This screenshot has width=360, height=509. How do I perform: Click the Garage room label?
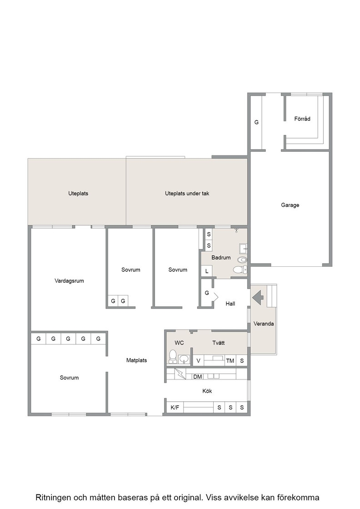pos(290,205)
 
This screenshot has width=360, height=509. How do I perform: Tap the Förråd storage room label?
pos(302,119)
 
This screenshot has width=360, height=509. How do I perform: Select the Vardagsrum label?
pos(69,281)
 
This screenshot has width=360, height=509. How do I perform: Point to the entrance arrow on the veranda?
pos(258,298)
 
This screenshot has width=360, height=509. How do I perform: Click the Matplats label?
pos(137,360)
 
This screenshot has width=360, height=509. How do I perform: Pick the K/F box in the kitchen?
pos(175,407)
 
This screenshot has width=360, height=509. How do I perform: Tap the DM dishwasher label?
pos(197,377)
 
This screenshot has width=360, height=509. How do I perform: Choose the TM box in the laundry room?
pos(230,361)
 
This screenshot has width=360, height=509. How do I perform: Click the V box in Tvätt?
pos(198,361)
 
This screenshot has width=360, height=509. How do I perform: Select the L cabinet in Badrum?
pos(207,271)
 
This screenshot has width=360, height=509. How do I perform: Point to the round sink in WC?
pos(184,359)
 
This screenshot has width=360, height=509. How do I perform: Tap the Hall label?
pos(230,304)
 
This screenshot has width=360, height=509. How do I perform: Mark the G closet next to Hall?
pos(207,293)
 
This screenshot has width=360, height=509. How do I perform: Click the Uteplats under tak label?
pos(187,194)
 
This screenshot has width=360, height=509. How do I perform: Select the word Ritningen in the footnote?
pos(53,497)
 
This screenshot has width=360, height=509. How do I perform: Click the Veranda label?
pos(264,324)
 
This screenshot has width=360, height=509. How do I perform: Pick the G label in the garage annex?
pos(256,122)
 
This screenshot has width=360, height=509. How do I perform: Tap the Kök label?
pos(207,391)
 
